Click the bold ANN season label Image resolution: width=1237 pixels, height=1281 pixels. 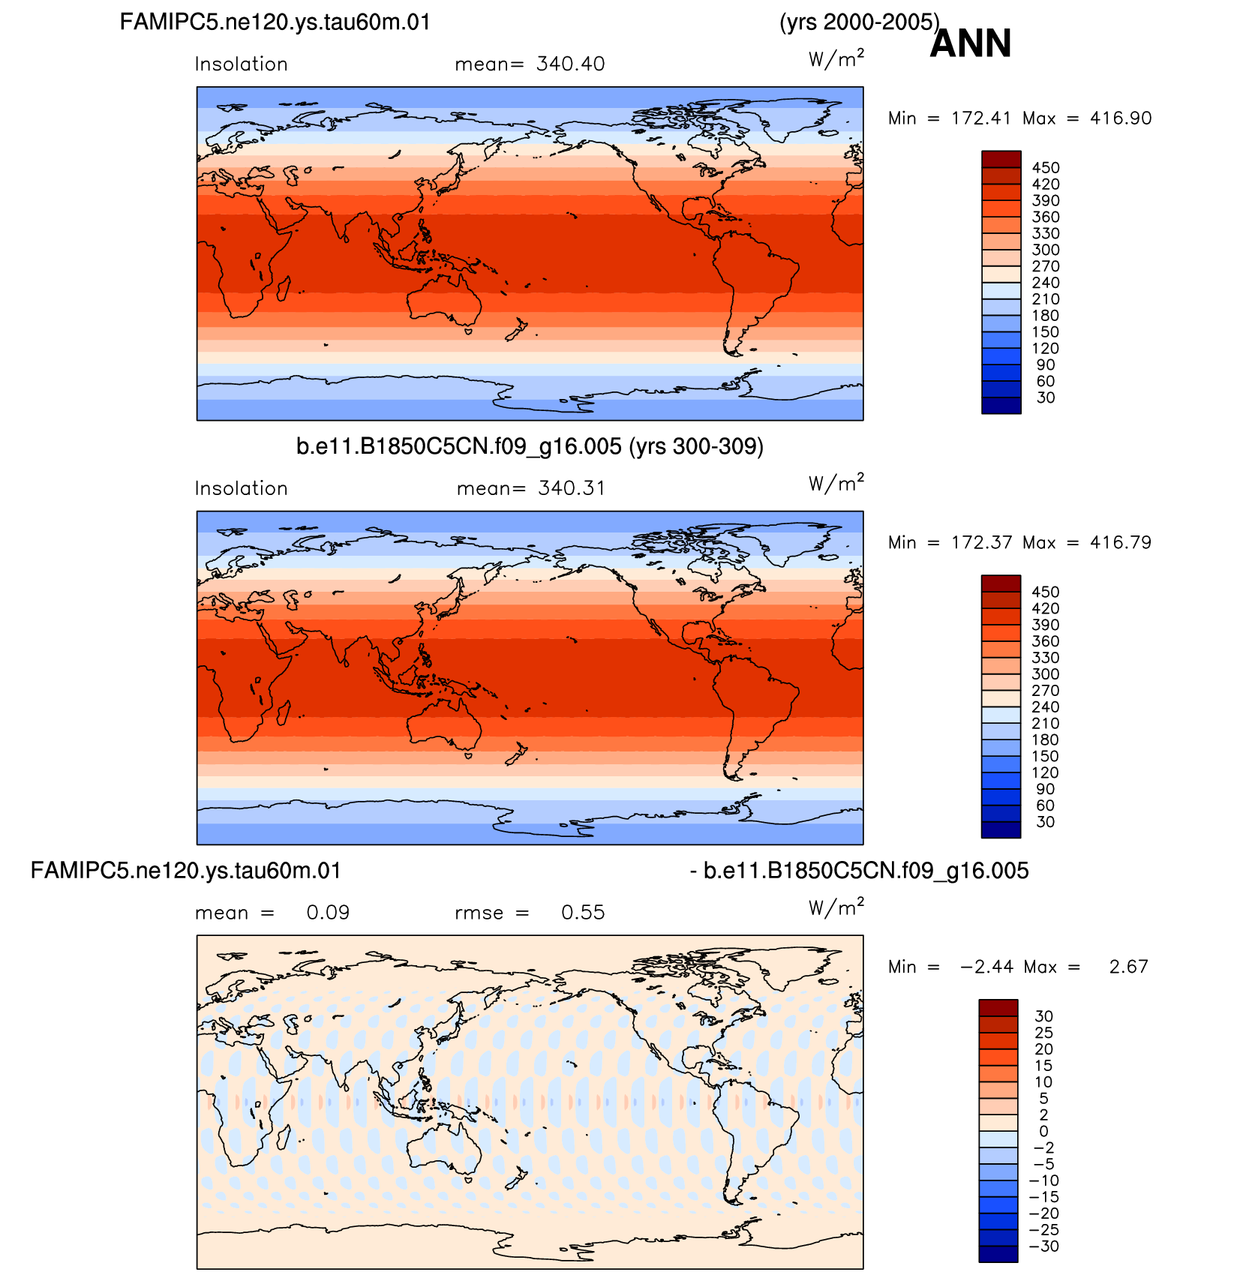(x=971, y=43)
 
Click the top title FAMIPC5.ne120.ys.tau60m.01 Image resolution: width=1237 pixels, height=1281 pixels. (x=275, y=22)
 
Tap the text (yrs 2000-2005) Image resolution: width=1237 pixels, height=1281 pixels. (x=860, y=22)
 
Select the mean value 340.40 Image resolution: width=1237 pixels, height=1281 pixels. (x=571, y=64)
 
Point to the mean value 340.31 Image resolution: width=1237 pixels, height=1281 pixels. (x=572, y=488)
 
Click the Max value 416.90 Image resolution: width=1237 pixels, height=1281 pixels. (x=1121, y=118)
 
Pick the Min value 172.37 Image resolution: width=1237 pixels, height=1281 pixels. (x=981, y=542)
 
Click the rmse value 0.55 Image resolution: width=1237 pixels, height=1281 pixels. (x=583, y=913)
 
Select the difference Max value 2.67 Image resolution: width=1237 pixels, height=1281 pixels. (x=1129, y=967)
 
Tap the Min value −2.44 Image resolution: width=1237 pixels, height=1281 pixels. (x=986, y=967)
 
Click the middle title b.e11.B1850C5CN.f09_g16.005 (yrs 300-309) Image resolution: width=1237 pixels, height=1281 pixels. (x=530, y=447)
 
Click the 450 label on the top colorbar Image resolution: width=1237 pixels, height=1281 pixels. (x=1046, y=168)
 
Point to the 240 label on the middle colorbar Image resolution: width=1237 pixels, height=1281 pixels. (x=1046, y=707)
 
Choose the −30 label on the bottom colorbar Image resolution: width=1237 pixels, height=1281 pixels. (x=1043, y=1246)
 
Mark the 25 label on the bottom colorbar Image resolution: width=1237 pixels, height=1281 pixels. (x=1044, y=1033)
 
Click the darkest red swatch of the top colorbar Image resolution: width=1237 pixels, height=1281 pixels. (x=1001, y=159)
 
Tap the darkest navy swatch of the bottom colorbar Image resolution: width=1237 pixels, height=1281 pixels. (x=998, y=1254)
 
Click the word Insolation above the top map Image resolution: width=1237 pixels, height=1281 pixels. (x=242, y=64)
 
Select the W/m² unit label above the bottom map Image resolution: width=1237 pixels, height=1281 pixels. (x=836, y=908)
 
